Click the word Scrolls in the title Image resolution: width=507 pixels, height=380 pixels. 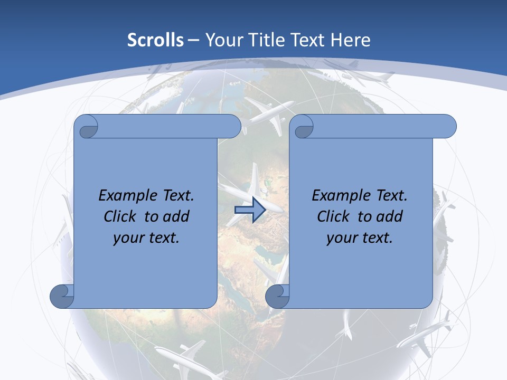[155, 40]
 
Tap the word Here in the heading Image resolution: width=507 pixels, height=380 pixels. [351, 40]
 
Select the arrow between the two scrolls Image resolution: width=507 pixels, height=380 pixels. [249, 210]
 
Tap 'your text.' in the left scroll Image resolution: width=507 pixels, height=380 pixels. [146, 238]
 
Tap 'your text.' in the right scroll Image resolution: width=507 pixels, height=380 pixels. [360, 238]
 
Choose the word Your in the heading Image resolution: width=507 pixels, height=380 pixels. [221, 40]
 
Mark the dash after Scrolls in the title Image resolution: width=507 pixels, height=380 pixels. [194, 40]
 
